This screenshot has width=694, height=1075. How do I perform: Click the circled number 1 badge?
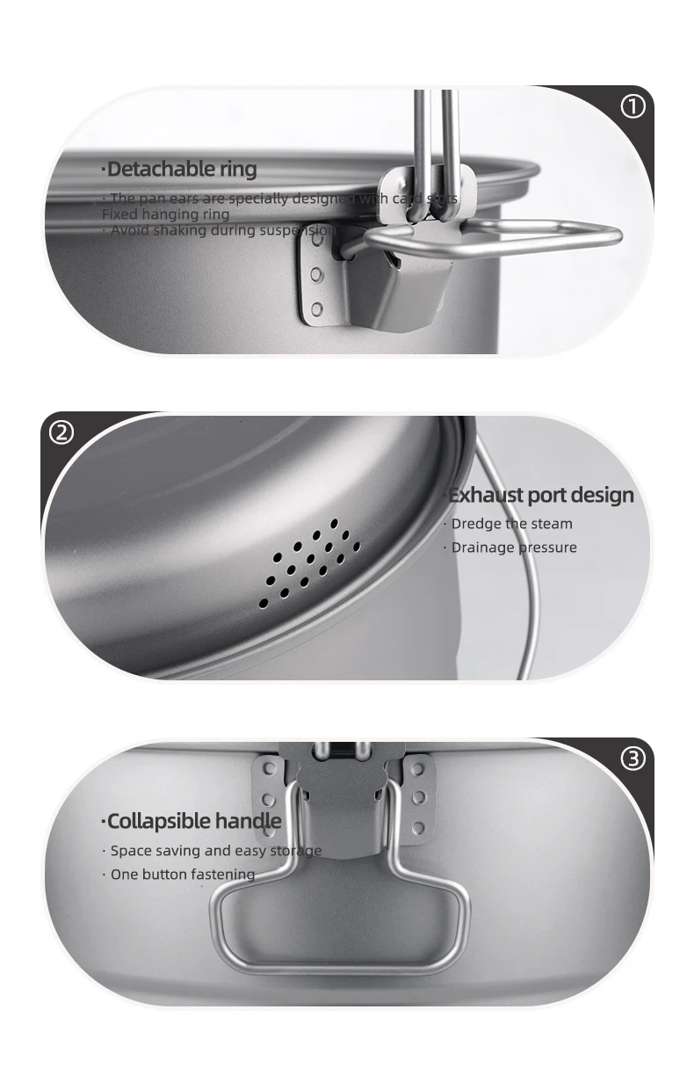tap(633, 107)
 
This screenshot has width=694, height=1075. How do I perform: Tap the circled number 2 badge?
tap(61, 432)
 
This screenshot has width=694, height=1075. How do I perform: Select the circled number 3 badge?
tap(633, 759)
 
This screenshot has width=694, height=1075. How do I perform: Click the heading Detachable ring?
tap(179, 169)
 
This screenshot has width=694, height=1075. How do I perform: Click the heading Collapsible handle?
tap(192, 821)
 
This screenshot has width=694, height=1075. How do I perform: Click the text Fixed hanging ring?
tap(165, 214)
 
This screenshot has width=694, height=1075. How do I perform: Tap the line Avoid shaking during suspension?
tap(220, 230)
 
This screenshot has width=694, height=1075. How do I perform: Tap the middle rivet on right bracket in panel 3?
tap(419, 797)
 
